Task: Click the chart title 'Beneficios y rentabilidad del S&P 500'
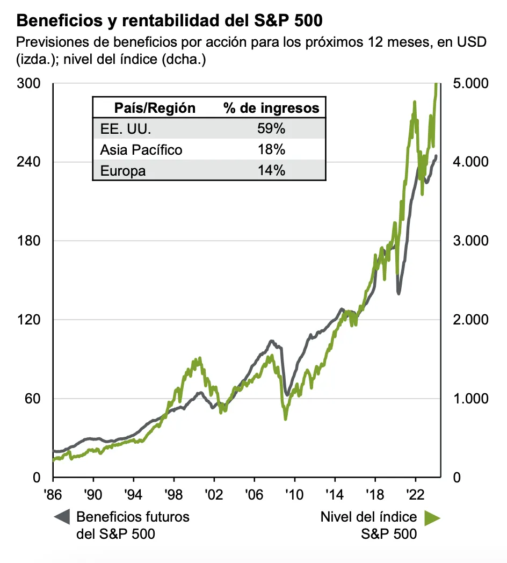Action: point(170,21)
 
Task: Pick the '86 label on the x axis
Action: point(53,493)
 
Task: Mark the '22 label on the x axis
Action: point(415,493)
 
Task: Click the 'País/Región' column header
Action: point(155,108)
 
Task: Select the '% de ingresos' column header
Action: point(271,108)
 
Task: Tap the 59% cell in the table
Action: point(271,129)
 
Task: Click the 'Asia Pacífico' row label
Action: point(141,150)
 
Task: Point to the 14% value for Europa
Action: point(271,171)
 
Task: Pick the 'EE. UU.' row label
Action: point(126,129)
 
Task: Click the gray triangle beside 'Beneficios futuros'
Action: point(62,517)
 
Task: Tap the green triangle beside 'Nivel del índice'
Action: point(432,517)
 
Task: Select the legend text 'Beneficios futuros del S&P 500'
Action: point(133,525)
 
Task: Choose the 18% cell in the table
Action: point(271,150)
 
